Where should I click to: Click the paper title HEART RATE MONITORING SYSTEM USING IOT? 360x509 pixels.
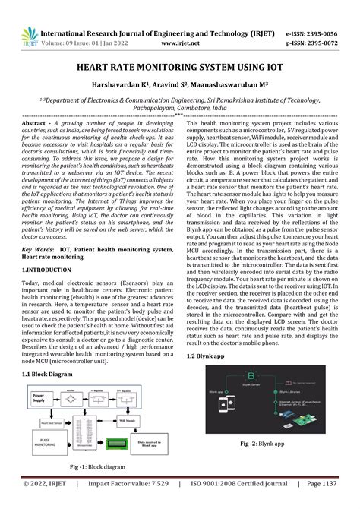pos(179,67)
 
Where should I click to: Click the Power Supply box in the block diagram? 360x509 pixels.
pos(42,397)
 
